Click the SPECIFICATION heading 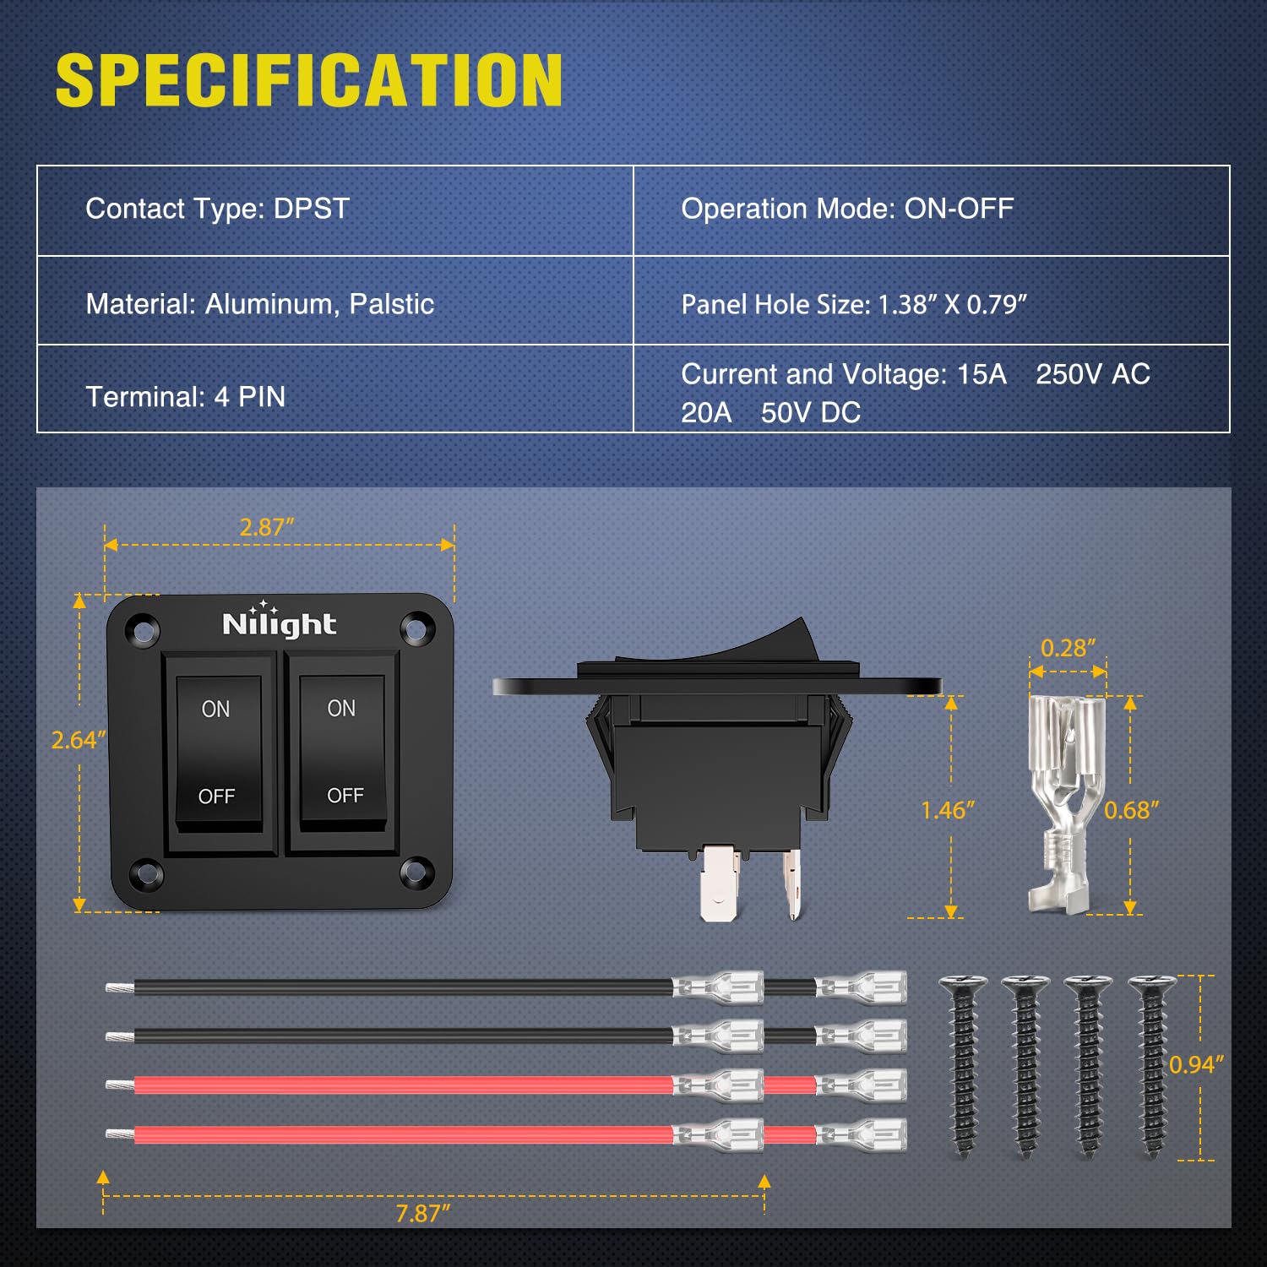[309, 81]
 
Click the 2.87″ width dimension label [267, 527]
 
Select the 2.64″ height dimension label [78, 740]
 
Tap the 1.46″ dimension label [948, 810]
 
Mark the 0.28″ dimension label [1068, 648]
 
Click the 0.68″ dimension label [1131, 810]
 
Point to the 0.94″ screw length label [1196, 1064]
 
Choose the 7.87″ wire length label [422, 1213]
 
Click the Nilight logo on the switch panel [279, 623]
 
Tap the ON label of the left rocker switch [215, 709]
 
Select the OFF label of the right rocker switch [345, 795]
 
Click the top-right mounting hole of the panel [416, 628]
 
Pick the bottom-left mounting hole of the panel [145, 873]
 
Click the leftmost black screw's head [963, 982]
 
